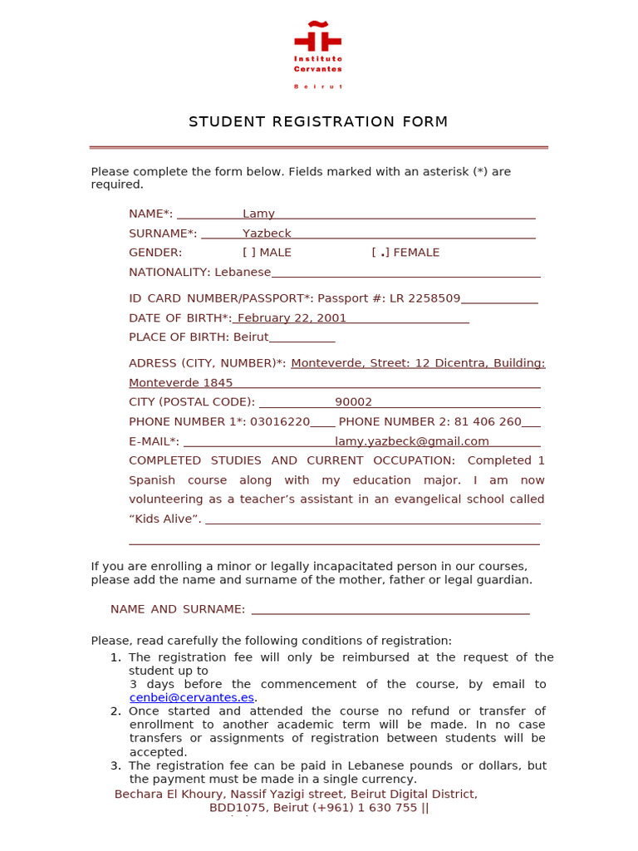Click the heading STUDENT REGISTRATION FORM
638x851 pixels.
pyautogui.click(x=318, y=122)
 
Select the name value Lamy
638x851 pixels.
pyautogui.click(x=258, y=214)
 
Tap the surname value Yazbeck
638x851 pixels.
pyautogui.click(x=267, y=234)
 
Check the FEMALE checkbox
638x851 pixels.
pyautogui.click(x=380, y=253)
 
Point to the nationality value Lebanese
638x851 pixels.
pyautogui.click(x=243, y=273)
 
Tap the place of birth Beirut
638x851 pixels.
pyautogui.click(x=251, y=337)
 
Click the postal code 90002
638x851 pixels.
pyautogui.click(x=354, y=402)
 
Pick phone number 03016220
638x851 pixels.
pyautogui.click(x=280, y=422)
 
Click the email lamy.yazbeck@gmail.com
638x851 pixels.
pyautogui.click(x=412, y=441)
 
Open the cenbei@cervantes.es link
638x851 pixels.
pyautogui.click(x=192, y=698)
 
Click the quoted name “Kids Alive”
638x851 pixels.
pyautogui.click(x=165, y=519)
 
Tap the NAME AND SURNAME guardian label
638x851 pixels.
pyautogui.click(x=178, y=609)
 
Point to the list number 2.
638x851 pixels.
pyautogui.click(x=115, y=711)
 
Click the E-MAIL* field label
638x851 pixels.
pyautogui.click(x=154, y=441)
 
